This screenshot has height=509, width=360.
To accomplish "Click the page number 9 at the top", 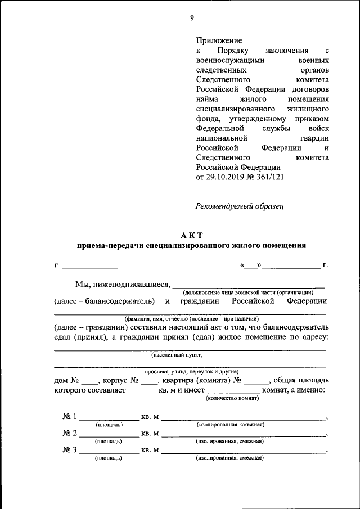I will click(192, 18).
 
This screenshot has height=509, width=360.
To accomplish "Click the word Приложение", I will click(219, 40).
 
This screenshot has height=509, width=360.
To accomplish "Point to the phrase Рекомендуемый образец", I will click(240, 206).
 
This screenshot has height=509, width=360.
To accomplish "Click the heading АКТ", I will click(191, 235).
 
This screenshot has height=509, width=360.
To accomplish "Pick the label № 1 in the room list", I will click(69, 416).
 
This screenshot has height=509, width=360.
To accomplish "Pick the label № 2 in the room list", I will click(69, 433).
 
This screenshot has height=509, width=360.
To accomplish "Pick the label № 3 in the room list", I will click(69, 450).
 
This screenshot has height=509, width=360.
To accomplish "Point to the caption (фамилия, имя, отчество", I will click(191, 318).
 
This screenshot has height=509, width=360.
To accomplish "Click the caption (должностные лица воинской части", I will click(247, 292).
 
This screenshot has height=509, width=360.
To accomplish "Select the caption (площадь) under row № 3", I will click(109, 458).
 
